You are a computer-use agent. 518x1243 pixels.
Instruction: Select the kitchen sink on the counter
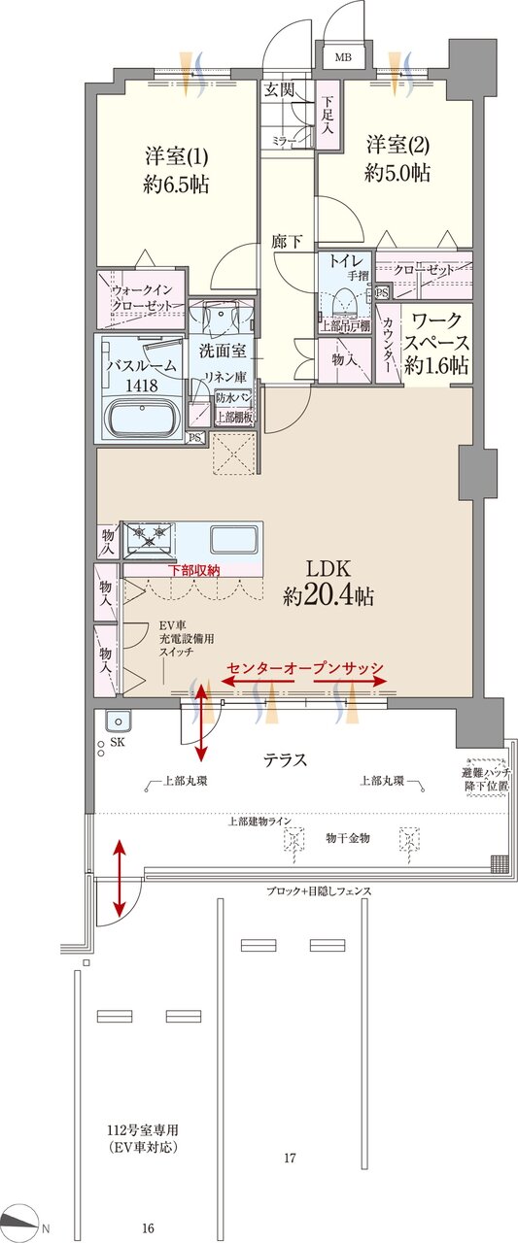pyautogui.click(x=234, y=540)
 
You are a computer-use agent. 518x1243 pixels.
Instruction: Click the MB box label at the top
pyautogui.click(x=343, y=56)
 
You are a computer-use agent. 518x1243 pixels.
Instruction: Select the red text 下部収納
pyautogui.click(x=194, y=570)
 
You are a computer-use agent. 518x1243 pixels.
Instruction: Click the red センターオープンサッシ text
pyautogui.click(x=306, y=668)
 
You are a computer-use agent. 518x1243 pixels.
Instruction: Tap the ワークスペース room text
pyautogui.click(x=436, y=343)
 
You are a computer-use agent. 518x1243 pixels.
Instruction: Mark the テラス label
pyautogui.click(x=286, y=760)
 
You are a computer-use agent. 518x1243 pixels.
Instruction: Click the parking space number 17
pyautogui.click(x=290, y=1159)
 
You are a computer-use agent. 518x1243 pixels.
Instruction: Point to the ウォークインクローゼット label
pyautogui.click(x=142, y=297)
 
